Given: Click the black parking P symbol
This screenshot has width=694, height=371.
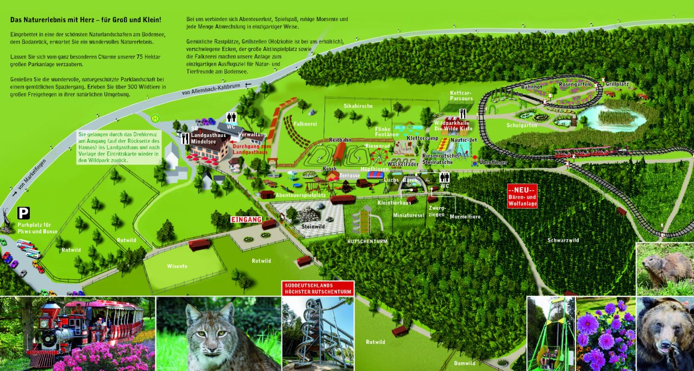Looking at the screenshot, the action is pyautogui.click(x=23, y=213).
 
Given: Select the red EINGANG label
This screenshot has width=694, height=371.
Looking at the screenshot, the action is pyautogui.click(x=246, y=219).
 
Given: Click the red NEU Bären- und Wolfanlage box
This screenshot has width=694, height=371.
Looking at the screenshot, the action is pyautogui.click(x=522, y=196).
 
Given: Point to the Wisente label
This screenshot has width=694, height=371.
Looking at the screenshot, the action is pyautogui.click(x=177, y=266).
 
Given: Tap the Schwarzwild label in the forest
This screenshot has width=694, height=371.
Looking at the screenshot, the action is pyautogui.click(x=563, y=240).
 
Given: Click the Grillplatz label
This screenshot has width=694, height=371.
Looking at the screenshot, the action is pyautogui.click(x=617, y=85).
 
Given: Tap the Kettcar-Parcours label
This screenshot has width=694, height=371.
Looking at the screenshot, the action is pyautogui.click(x=461, y=96).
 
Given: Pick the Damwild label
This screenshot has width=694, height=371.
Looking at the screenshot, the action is pyautogui.click(x=465, y=363).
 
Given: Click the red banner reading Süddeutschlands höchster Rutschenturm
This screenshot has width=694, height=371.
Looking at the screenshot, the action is pyautogui.click(x=318, y=288).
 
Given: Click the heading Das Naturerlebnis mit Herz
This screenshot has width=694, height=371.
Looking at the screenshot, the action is pyautogui.click(x=85, y=20).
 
